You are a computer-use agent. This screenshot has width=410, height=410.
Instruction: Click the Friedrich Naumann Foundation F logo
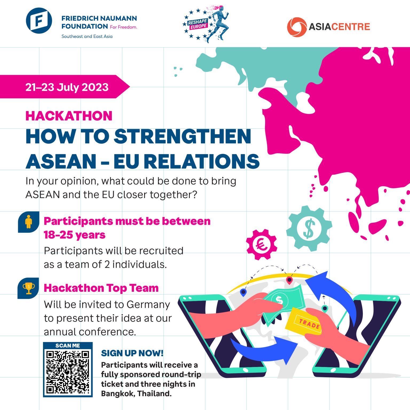point(39,21)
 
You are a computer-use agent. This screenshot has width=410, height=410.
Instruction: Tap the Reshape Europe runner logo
point(206,24)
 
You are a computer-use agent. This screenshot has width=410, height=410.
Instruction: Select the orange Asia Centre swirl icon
point(297,27)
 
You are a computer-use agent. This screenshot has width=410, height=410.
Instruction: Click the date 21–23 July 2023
point(67,87)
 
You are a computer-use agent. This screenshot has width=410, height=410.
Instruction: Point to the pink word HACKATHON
point(69,116)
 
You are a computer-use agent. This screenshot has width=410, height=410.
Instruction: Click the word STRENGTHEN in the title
point(183,136)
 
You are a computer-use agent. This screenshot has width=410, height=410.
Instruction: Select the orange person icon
point(29,222)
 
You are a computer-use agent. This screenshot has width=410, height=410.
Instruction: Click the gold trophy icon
point(29,288)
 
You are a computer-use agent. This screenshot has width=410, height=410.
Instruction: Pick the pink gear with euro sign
point(262,245)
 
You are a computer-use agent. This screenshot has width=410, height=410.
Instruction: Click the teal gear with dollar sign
point(309,228)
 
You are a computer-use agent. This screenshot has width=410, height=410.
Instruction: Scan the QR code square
point(68,372)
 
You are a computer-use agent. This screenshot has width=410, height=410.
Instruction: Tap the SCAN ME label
point(68,346)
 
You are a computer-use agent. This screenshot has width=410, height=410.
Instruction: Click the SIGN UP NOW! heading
point(132,353)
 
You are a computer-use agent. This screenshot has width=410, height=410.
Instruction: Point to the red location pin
point(289,281)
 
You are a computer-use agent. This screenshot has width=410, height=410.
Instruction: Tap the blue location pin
point(243,293)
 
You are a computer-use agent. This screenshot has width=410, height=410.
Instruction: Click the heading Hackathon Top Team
point(101,288)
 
